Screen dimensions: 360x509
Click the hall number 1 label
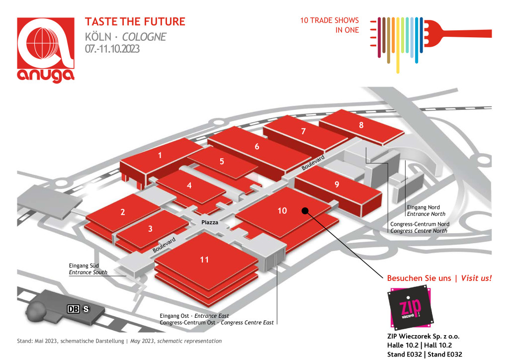(x=160, y=155)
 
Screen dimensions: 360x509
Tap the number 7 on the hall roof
(x=303, y=131)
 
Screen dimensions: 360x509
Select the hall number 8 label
(x=361, y=125)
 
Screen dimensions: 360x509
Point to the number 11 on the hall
(x=204, y=260)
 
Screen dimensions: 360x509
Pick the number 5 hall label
(x=222, y=161)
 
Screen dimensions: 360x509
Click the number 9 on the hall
(x=337, y=184)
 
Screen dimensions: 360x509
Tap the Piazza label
(x=210, y=222)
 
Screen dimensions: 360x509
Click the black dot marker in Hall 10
(x=305, y=211)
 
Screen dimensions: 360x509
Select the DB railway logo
(x=73, y=309)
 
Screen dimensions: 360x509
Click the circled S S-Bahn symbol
(x=86, y=309)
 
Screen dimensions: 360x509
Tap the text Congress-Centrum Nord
(x=420, y=224)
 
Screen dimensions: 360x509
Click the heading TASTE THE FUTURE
(x=135, y=22)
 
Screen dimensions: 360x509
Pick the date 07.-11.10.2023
(x=112, y=49)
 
